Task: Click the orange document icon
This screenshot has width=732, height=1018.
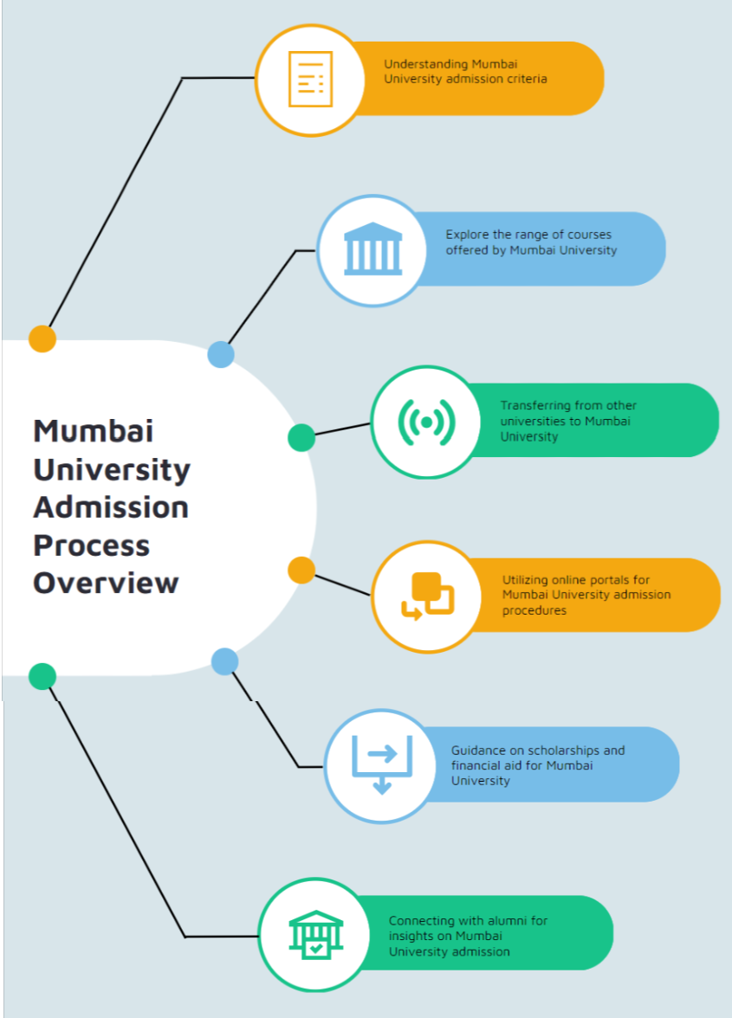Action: tap(310, 80)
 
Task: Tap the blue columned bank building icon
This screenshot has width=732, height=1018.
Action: tap(372, 248)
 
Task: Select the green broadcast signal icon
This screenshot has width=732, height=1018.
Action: tap(427, 422)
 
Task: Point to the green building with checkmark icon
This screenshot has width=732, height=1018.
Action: tap(315, 935)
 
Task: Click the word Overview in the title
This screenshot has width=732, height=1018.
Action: tap(106, 583)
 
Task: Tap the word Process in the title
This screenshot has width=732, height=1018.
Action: tap(92, 545)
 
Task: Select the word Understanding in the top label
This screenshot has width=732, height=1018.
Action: tap(426, 64)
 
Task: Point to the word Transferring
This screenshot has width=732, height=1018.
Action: tap(536, 406)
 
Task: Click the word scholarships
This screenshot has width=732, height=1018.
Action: tap(563, 751)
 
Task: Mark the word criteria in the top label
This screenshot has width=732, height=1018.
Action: tap(527, 80)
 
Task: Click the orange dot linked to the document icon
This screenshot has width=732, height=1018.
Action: tap(42, 338)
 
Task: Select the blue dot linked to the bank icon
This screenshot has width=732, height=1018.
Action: tap(221, 355)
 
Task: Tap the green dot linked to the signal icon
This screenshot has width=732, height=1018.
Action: tap(301, 438)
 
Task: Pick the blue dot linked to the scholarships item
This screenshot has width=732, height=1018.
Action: tap(224, 661)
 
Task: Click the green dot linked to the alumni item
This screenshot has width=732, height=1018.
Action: tap(42, 677)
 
